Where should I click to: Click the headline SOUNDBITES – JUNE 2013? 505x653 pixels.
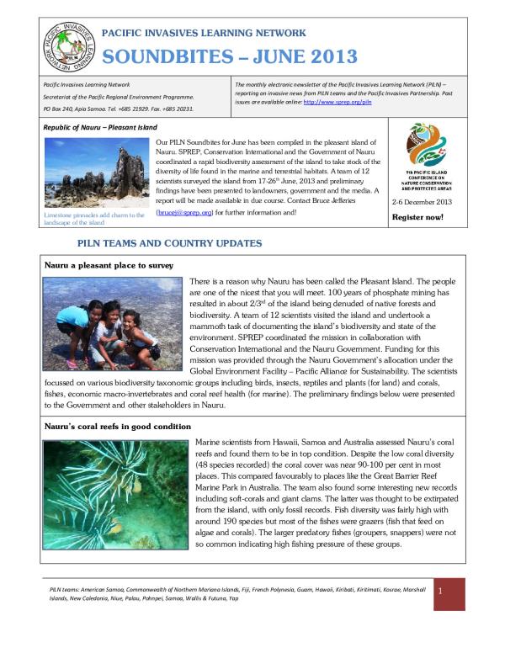point(229,57)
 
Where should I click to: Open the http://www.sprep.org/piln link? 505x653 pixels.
point(336,101)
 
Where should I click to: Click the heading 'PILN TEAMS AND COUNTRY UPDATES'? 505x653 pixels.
point(169,243)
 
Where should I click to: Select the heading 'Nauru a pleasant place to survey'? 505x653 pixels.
point(109,265)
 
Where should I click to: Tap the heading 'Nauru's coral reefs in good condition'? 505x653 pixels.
point(118,427)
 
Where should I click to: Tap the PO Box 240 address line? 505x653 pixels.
point(117,109)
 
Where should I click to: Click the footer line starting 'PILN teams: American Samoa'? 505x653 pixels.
point(236,594)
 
